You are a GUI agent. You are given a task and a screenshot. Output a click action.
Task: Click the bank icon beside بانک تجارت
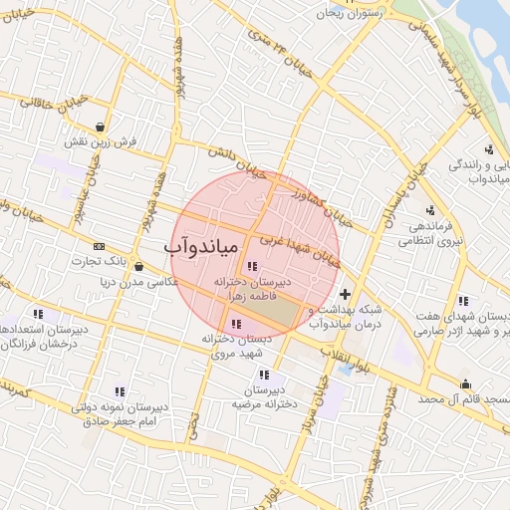99,246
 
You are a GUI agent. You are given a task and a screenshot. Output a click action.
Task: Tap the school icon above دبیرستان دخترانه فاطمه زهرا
251,266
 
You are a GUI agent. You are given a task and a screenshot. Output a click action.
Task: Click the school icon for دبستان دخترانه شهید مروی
236,323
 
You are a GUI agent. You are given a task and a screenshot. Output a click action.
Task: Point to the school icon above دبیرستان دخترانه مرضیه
264,375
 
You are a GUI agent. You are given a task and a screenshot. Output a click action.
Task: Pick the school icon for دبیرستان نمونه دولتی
121,392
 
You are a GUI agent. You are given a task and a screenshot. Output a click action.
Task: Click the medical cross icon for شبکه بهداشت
345,295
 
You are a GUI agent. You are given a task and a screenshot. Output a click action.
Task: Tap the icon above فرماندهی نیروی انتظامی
430,210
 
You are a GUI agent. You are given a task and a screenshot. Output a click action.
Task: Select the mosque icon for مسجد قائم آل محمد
464,384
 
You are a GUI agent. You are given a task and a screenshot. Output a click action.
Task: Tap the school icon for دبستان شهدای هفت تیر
462,301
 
